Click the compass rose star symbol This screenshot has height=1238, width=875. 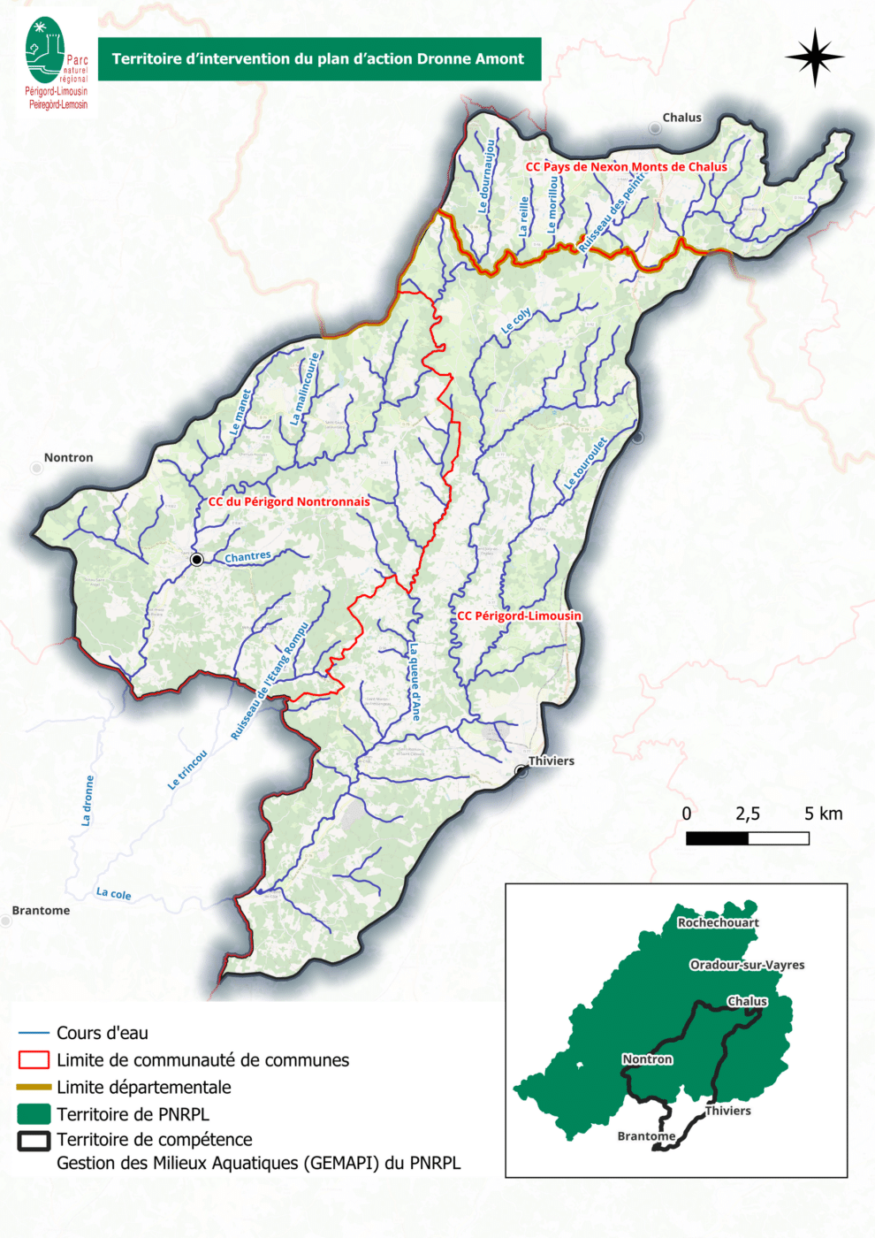(814, 57)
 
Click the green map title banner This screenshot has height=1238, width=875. (318, 59)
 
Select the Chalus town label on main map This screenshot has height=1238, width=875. (681, 118)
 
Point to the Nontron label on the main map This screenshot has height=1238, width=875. (68, 458)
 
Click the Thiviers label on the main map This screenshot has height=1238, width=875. (551, 761)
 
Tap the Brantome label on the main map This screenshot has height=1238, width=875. (41, 911)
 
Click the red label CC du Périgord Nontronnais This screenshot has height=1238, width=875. (289, 502)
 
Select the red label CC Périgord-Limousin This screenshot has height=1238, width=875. (519, 616)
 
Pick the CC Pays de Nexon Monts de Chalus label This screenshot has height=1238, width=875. (626, 167)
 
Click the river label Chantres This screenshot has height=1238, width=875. (247, 557)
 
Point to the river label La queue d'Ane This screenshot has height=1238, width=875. (414, 682)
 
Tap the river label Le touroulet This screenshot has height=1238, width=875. (585, 464)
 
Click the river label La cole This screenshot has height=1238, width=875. (113, 894)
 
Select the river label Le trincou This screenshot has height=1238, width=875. (187, 769)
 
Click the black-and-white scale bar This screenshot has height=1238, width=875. (747, 838)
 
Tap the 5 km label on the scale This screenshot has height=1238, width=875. (823, 814)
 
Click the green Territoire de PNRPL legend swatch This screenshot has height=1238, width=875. (34, 1113)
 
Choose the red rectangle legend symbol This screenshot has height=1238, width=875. (34, 1059)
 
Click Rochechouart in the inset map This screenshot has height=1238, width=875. (718, 923)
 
